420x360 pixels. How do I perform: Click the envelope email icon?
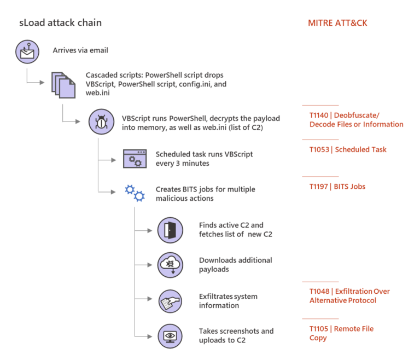pos(26,51)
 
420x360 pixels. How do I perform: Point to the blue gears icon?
pos(135,193)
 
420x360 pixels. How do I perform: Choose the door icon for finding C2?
pos(170,230)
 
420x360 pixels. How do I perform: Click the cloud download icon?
pos(170,265)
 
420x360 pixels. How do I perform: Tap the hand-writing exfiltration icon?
pos(170,300)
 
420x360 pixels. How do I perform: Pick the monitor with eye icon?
pos(170,335)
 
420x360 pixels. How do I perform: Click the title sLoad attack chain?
pos(60,23)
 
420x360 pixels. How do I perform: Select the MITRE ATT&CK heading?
pos(337,23)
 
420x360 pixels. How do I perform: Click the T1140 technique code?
pos(319,115)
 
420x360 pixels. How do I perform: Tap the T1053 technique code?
pos(319,149)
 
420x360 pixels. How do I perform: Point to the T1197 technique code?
pos(319,187)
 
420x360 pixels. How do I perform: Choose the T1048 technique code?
pos(319,291)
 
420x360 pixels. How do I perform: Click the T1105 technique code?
pos(319,329)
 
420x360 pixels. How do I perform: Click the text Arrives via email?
pos(80,50)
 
